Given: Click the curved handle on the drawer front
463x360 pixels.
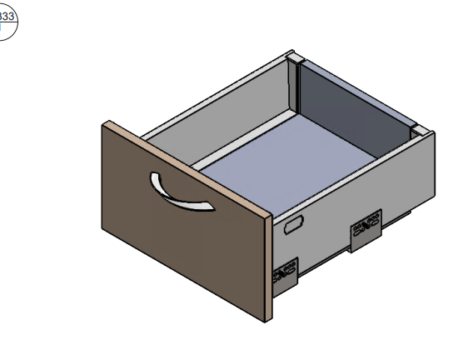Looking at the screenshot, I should click(x=180, y=192).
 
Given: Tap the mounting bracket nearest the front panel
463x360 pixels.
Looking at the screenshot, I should click(x=285, y=275).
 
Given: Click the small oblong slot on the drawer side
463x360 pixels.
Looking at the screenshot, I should click(x=294, y=225).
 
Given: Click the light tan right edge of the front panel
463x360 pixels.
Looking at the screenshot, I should click(x=268, y=267).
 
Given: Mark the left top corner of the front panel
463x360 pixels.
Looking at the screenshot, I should click(x=105, y=124).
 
